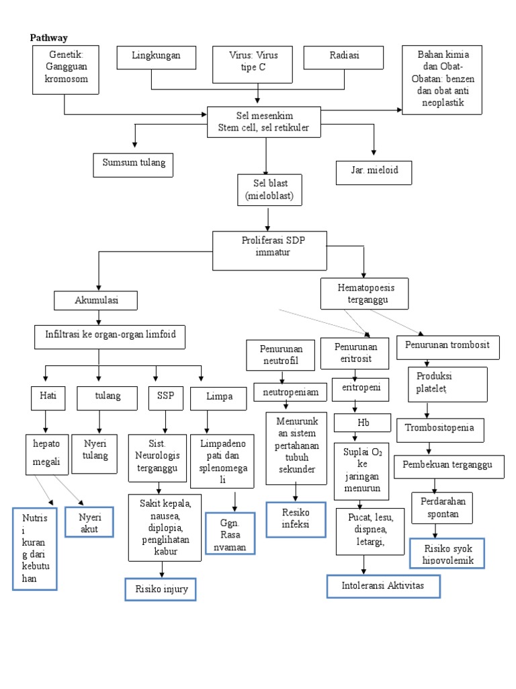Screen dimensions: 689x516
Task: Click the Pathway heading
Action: tap(49, 38)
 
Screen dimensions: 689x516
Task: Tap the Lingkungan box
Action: tap(156, 57)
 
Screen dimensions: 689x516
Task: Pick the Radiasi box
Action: tap(344, 57)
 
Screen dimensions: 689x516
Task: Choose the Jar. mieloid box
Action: tap(375, 171)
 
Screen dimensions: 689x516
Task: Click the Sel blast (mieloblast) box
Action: tap(269, 190)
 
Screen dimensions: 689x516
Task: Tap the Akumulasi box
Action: tap(96, 301)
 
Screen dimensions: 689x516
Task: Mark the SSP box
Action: tap(165, 397)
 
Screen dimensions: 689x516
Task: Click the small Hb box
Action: tap(363, 423)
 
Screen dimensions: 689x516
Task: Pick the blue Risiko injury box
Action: tap(160, 589)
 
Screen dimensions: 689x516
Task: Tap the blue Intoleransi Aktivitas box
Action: tap(384, 586)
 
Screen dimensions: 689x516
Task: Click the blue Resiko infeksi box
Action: tap(296, 519)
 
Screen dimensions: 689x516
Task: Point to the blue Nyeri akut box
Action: tap(89, 522)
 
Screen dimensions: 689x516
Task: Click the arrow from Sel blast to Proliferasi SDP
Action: tap(268, 218)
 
